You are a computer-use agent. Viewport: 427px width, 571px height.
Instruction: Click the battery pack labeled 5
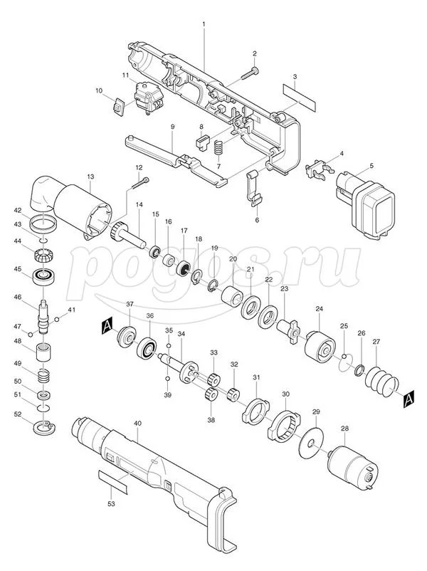coord(366,205)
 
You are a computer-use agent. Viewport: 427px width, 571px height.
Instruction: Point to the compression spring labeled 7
coord(218,147)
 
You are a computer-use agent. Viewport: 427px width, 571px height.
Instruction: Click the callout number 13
coord(90,177)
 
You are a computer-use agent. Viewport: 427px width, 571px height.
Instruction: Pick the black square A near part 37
coord(107,324)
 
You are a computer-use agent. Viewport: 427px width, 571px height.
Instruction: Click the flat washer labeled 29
coord(310,443)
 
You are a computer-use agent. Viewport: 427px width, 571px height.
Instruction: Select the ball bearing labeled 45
coord(43,276)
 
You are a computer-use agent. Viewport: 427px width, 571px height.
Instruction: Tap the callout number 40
coord(137,423)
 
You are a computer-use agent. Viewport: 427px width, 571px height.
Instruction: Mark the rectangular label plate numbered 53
coord(113,481)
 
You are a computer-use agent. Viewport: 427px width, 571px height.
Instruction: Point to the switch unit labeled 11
coord(148,98)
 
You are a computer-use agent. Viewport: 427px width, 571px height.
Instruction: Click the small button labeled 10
coord(117,108)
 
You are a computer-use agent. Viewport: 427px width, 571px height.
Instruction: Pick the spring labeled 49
coord(43,375)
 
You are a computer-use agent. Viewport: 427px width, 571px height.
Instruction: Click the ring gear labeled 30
coord(284,426)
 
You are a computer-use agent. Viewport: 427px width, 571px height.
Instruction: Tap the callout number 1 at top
coord(204,24)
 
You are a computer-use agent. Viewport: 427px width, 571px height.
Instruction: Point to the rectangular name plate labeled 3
coord(300,98)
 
